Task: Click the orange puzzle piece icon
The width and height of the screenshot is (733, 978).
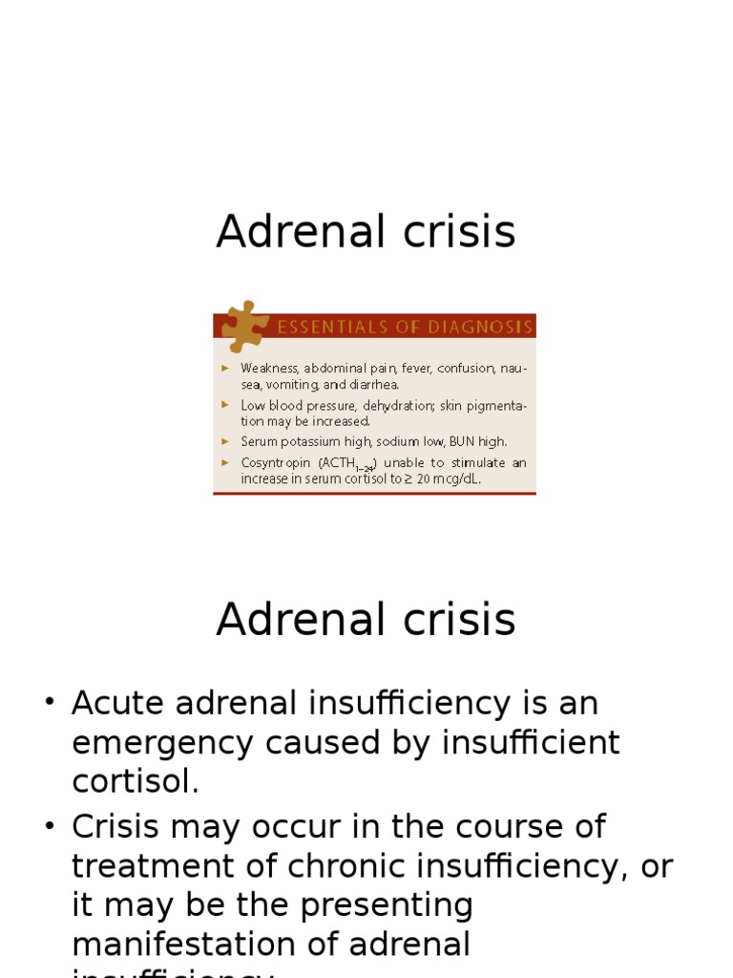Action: click(244, 326)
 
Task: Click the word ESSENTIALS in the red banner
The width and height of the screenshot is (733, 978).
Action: click(324, 328)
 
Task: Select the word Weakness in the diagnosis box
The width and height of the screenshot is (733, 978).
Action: click(268, 368)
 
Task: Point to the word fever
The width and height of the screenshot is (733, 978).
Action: click(415, 368)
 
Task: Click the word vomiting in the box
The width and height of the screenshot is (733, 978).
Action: click(291, 385)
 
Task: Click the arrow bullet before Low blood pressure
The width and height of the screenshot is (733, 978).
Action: click(225, 405)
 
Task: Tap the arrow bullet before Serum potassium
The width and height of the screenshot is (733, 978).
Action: click(225, 441)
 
